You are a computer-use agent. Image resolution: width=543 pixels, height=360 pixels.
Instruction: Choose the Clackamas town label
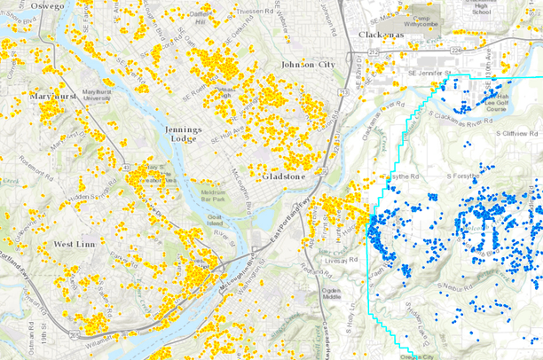[382, 34]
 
